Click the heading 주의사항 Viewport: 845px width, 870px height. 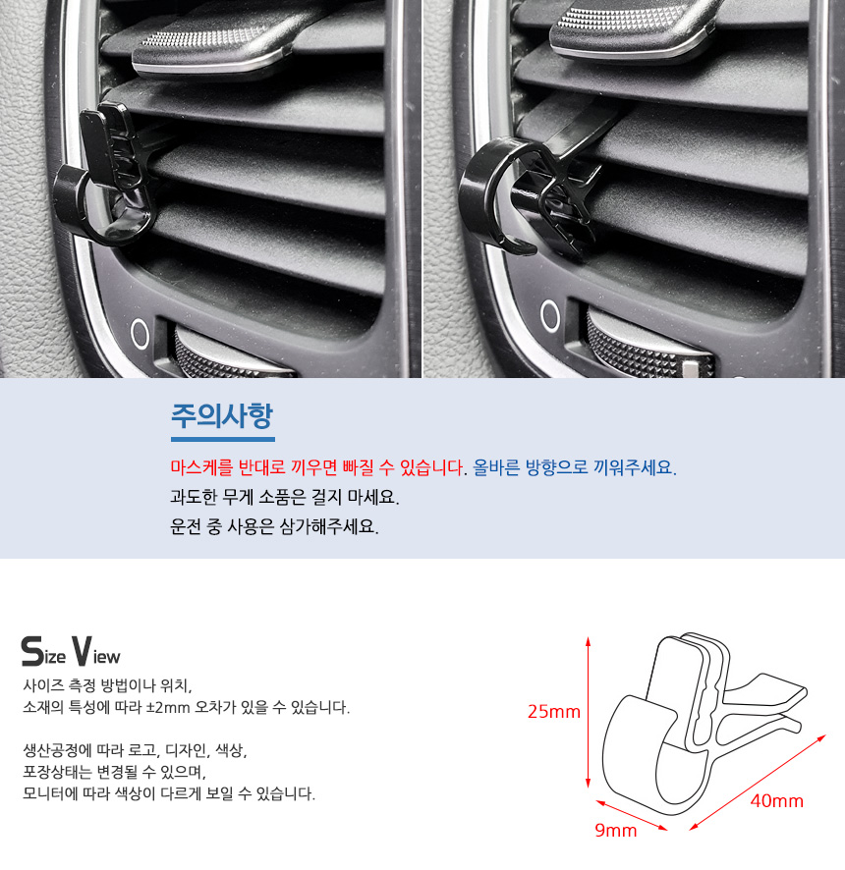[x=222, y=415]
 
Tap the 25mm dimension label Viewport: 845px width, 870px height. [x=553, y=711]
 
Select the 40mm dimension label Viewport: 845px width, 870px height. [x=776, y=800]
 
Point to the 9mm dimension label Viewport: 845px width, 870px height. [x=616, y=830]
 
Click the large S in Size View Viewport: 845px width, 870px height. [x=31, y=651]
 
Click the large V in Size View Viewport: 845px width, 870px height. [x=81, y=651]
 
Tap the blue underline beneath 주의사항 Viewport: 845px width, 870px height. [x=223, y=440]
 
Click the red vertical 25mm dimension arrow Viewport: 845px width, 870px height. [x=588, y=713]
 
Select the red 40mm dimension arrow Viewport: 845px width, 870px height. [x=758, y=783]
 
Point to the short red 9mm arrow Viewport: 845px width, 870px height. [x=631, y=815]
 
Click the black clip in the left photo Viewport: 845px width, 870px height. [x=105, y=178]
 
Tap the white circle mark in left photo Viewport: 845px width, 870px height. [x=140, y=334]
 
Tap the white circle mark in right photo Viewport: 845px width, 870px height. [x=549, y=316]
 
